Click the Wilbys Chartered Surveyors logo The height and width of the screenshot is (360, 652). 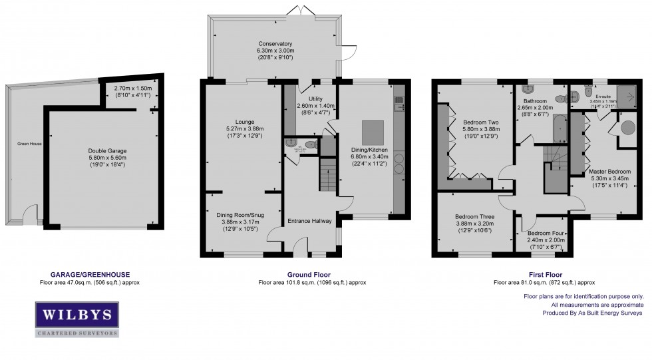click(77, 319)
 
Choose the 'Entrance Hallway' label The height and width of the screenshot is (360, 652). click(309, 221)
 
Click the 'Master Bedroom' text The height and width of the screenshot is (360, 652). click(610, 172)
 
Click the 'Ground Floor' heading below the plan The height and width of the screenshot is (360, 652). click(309, 274)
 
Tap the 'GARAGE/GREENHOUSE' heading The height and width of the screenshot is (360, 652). click(90, 274)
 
